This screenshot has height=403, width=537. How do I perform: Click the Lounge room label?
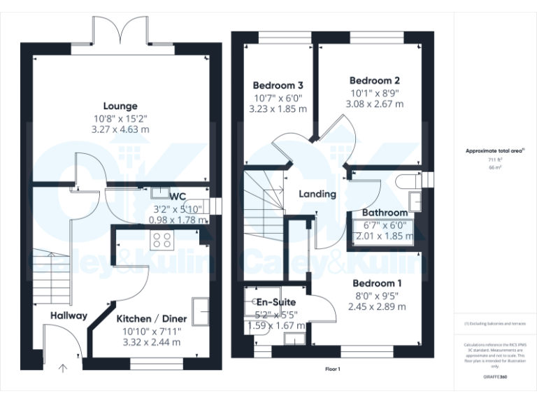pyautogui.click(x=121, y=106)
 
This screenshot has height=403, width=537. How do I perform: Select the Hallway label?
pyautogui.click(x=69, y=316)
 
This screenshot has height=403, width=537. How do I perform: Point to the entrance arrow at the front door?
pyautogui.click(x=63, y=368)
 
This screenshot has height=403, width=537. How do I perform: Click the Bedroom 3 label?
pyautogui.click(x=278, y=85)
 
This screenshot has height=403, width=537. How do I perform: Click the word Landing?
pyautogui.click(x=317, y=194)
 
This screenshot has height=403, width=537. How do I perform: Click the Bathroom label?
pyautogui.click(x=385, y=213)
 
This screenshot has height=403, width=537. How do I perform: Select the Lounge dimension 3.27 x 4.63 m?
pyautogui.click(x=121, y=129)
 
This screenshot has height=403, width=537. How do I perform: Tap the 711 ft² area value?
pyautogui.click(x=495, y=160)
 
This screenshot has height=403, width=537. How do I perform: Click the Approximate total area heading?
pyautogui.click(x=494, y=150)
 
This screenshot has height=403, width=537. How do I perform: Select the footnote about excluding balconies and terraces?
pyautogui.click(x=495, y=324)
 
